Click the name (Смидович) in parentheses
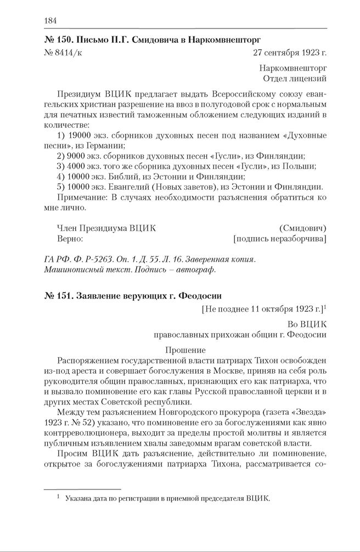tap(303, 228)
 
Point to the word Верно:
tap(70, 239)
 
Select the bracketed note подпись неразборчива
tap(280, 239)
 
